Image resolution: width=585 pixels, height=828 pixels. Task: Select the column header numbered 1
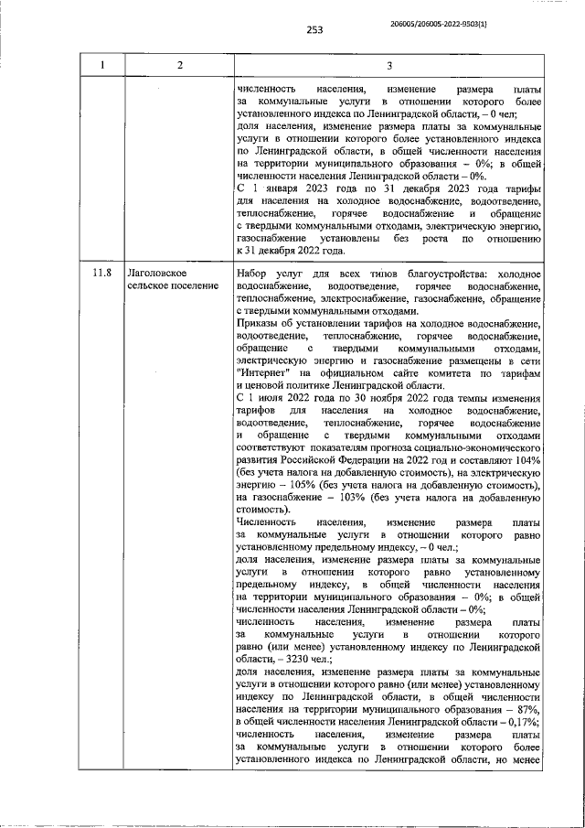point(102,64)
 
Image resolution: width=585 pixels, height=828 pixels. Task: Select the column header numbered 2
point(179,64)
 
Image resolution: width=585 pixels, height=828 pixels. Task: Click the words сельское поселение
point(173,286)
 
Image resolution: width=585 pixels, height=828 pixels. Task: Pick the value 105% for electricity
point(304,485)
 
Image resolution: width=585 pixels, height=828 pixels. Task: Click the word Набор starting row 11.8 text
point(252,274)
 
